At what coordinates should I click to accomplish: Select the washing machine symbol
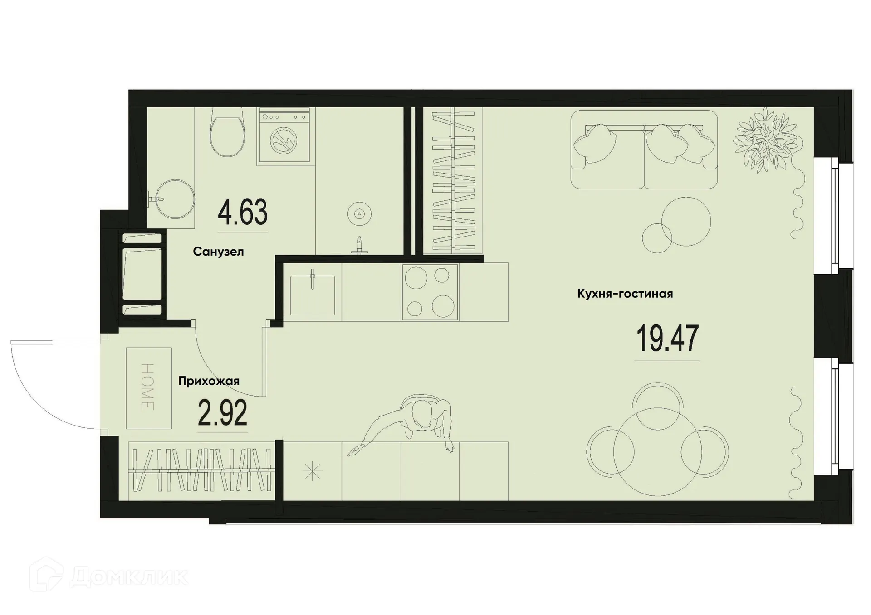(284, 136)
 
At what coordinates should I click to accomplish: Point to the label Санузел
(218, 252)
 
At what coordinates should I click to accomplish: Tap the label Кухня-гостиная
(625, 294)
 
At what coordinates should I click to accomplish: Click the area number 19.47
(667, 339)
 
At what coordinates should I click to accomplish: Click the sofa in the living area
(644, 150)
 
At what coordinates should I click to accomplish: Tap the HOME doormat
(149, 388)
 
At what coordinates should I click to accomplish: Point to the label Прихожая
(209, 381)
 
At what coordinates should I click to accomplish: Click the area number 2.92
(223, 413)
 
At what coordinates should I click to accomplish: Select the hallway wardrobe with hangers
(201, 471)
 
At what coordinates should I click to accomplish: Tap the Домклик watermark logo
(109, 576)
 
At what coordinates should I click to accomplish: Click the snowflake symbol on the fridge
(313, 472)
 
